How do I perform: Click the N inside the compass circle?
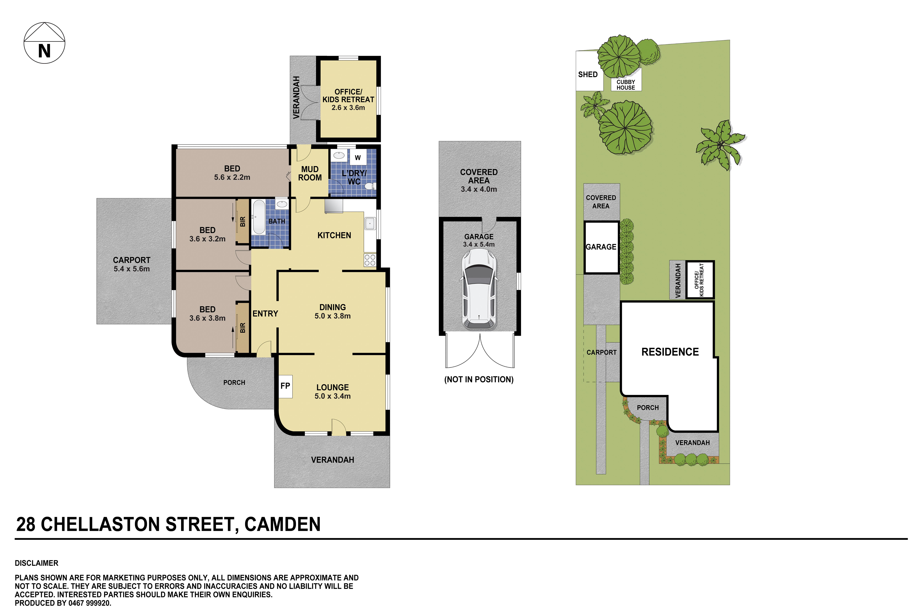pos(44,51)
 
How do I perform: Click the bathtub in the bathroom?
pos(258,217)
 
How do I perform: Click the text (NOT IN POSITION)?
pos(479,379)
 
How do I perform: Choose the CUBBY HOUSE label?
pos(626,85)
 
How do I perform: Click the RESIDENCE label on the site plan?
pos(670,352)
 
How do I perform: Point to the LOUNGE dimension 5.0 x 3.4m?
pos(333,396)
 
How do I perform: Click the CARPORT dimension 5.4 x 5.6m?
pos(132,269)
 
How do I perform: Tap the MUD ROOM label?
pos(310,173)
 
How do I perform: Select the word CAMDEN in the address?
pos(282,524)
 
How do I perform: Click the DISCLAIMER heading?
pos(36,563)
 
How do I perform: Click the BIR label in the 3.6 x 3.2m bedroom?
pos(242,222)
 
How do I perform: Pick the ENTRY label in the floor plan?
pos(265,314)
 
